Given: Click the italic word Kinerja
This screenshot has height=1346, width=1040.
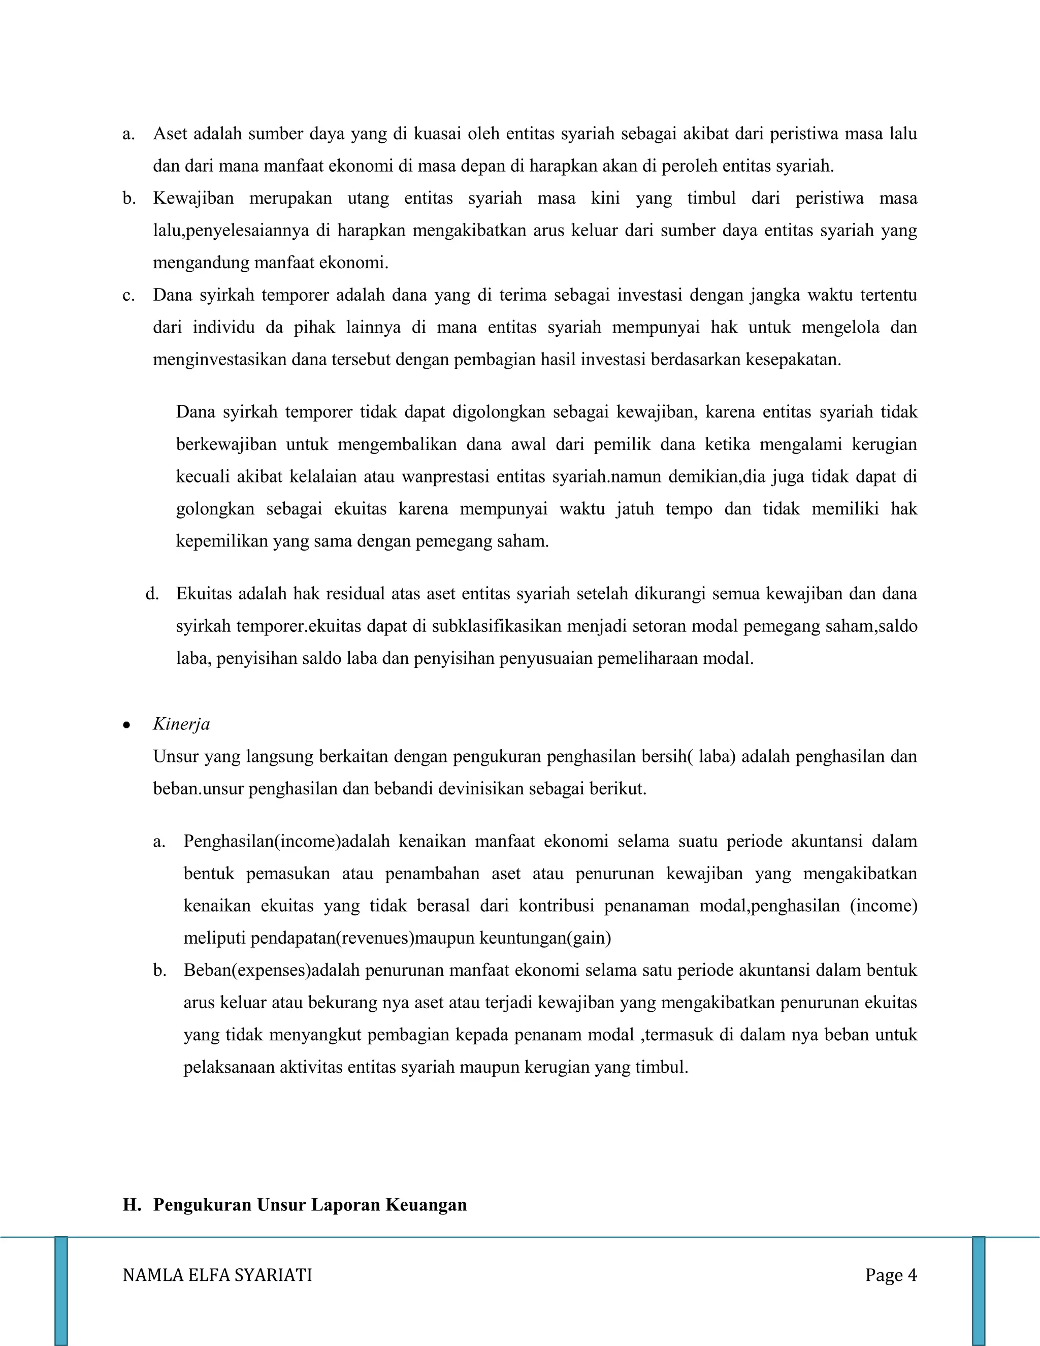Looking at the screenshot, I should [x=181, y=724].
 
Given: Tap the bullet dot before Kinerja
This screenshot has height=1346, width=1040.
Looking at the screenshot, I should [x=126, y=726].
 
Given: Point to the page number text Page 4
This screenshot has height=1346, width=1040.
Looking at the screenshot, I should [x=891, y=1275].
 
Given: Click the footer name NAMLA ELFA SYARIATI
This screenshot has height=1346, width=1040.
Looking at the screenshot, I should [x=217, y=1275].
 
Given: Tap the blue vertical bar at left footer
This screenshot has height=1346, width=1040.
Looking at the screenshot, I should [x=61, y=1291].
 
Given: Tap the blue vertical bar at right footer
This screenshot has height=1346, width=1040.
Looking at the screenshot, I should [x=979, y=1291].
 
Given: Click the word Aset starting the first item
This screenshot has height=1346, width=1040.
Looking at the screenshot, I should [x=170, y=134].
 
